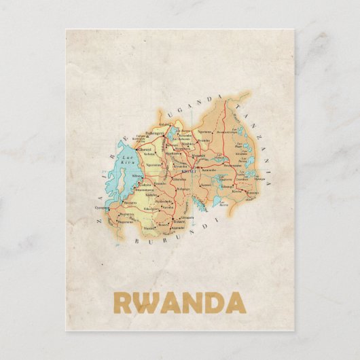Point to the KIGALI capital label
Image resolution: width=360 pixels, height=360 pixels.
tap(189, 171)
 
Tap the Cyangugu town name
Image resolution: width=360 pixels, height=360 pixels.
tap(102, 207)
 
